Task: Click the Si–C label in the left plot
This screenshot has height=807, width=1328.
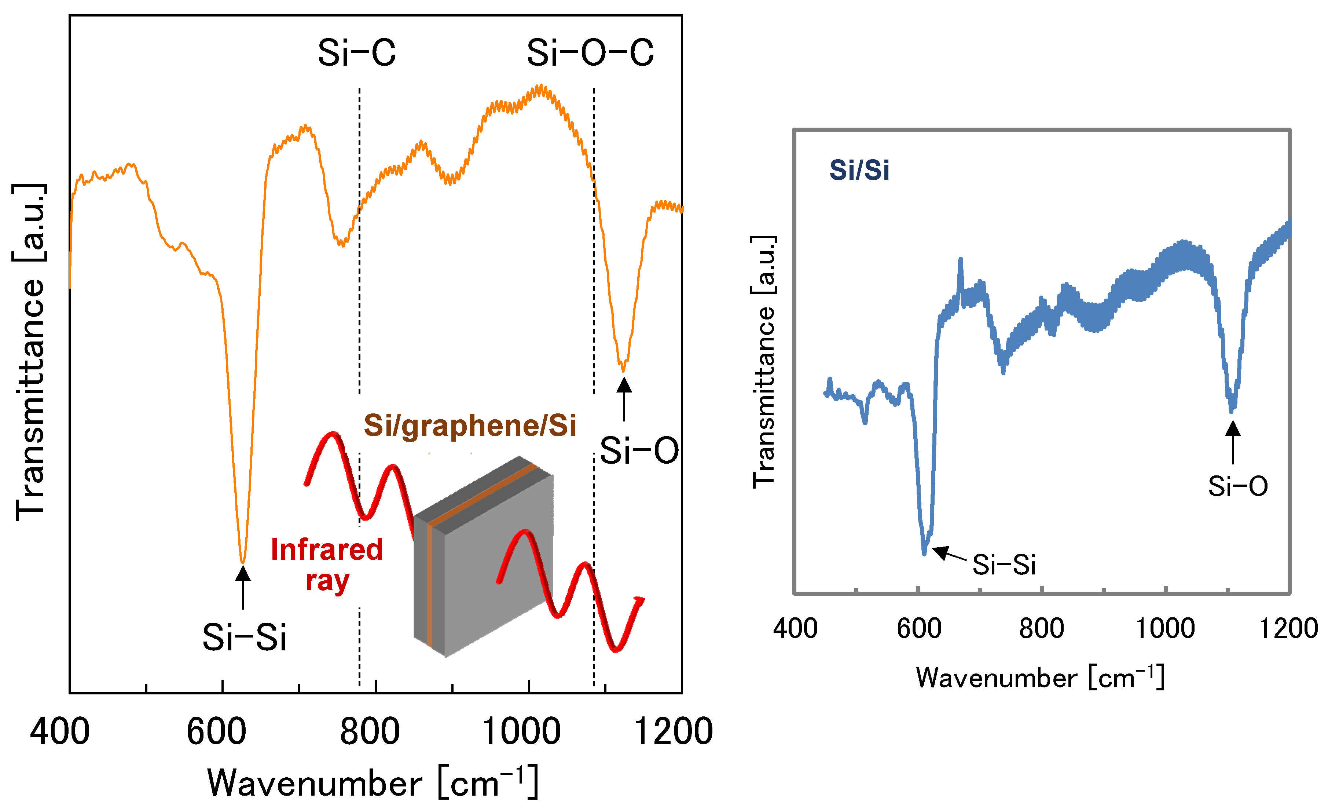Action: pyautogui.click(x=356, y=53)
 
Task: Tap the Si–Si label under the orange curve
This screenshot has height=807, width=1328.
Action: pyautogui.click(x=244, y=638)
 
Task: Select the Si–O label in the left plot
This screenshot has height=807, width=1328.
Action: pyautogui.click(x=639, y=451)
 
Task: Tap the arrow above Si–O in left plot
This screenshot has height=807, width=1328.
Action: pyautogui.click(x=624, y=399)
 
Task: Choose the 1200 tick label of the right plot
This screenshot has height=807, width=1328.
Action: pyautogui.click(x=1288, y=629)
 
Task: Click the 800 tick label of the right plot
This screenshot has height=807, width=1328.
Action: pyautogui.click(x=1041, y=629)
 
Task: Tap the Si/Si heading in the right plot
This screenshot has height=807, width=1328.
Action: pyautogui.click(x=859, y=170)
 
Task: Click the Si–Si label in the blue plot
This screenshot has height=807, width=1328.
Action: pyautogui.click(x=1004, y=565)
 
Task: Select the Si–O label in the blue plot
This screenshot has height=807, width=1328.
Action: pyautogui.click(x=1237, y=487)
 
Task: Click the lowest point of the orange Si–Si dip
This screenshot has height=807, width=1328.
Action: pyautogui.click(x=242, y=562)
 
